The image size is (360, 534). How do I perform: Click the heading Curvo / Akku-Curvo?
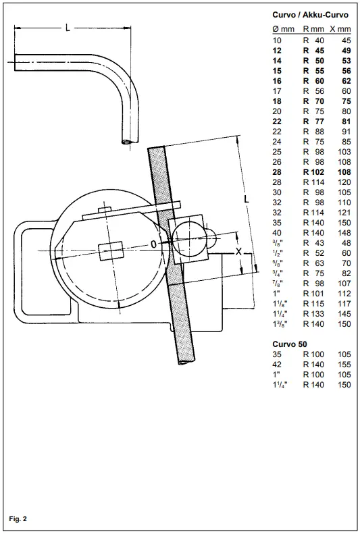click(310, 15)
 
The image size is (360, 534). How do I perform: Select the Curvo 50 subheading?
click(290, 344)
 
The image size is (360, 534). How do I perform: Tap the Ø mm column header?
click(284, 29)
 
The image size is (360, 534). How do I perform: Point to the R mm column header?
click(313, 29)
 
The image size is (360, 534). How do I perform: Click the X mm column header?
click(340, 29)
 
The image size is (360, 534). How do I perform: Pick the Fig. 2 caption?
click(18, 519)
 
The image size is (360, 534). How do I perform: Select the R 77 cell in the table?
click(313, 122)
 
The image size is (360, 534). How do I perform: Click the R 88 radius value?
click(313, 132)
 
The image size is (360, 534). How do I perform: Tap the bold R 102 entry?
click(313, 172)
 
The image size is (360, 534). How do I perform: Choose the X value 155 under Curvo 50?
click(344, 365)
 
